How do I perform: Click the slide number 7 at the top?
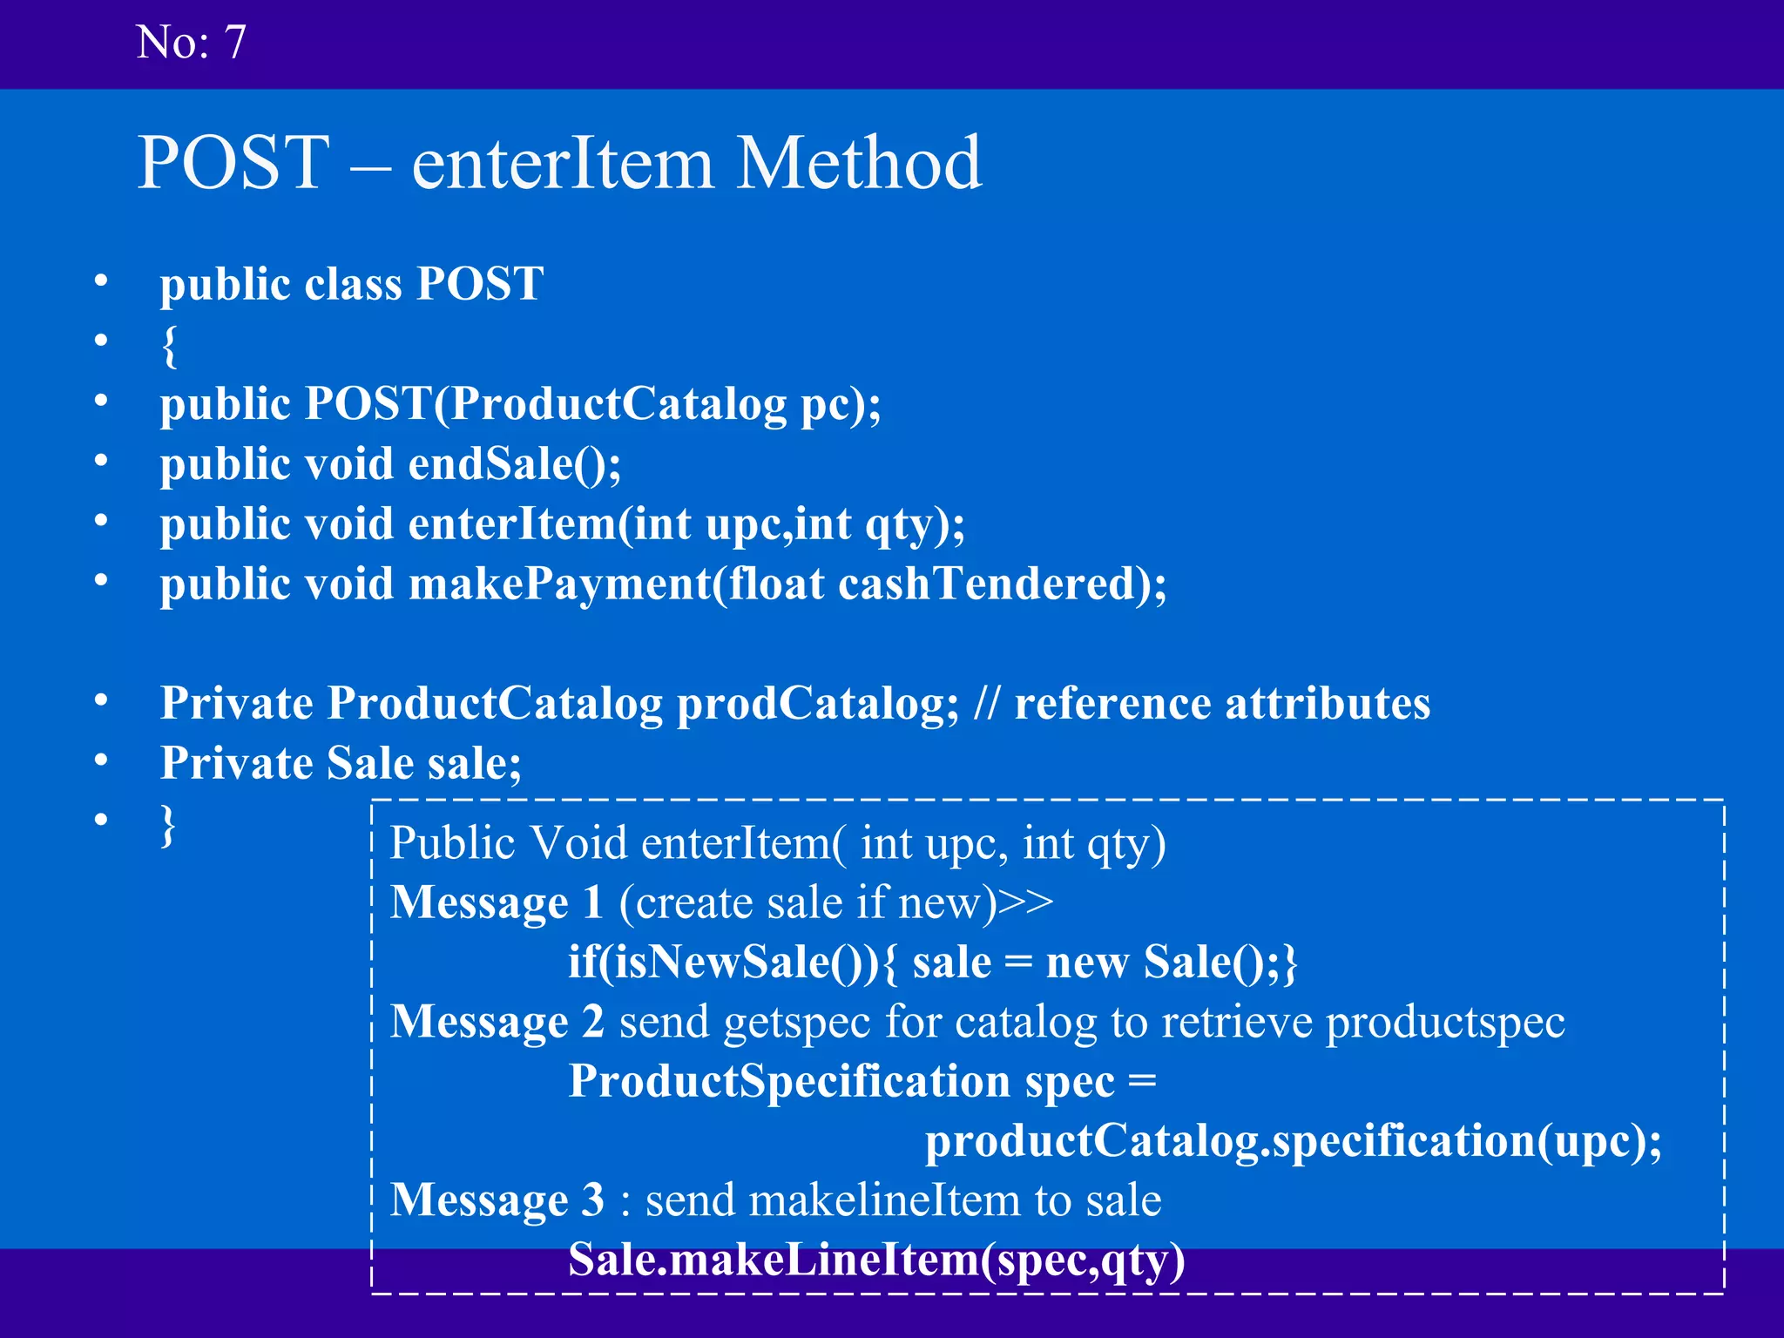(x=235, y=42)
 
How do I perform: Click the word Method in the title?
(x=859, y=163)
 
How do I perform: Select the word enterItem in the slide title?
(x=562, y=163)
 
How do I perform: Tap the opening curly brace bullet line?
(x=169, y=346)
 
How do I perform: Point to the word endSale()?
(x=515, y=463)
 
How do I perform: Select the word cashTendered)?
(x=1002, y=584)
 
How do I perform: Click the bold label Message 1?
(x=497, y=902)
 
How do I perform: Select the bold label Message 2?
(x=497, y=1022)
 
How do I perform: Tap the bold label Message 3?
(x=497, y=1200)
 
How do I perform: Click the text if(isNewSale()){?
(x=732, y=963)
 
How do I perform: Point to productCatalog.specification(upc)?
(x=1293, y=1141)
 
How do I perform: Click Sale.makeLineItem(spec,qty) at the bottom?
(x=876, y=1260)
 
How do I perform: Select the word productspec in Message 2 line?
(x=1445, y=1022)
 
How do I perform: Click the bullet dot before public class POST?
(x=102, y=280)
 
